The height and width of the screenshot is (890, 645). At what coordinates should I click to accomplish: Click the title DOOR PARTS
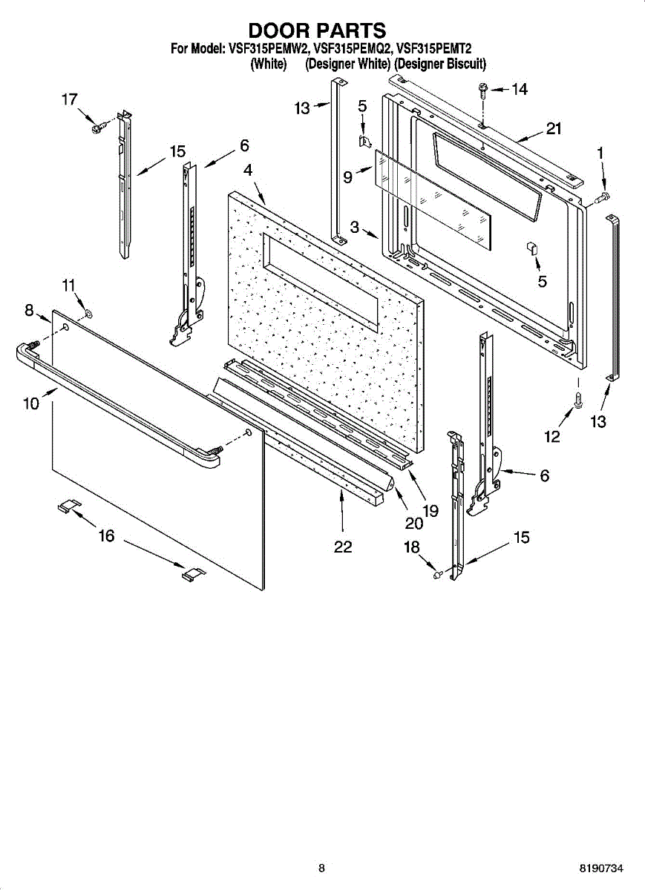(x=317, y=30)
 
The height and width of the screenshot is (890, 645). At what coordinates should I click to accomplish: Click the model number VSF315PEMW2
(x=263, y=50)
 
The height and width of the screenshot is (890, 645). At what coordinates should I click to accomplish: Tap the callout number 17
(x=69, y=99)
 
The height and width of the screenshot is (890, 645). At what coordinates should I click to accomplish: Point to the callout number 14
(x=519, y=90)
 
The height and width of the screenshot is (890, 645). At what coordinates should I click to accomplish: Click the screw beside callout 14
(x=483, y=89)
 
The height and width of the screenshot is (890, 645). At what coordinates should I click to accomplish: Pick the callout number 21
(x=554, y=129)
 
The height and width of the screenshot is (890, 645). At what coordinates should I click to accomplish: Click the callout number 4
(x=248, y=170)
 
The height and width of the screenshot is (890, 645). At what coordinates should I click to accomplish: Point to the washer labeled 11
(x=88, y=314)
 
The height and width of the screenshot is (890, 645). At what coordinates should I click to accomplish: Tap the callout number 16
(x=107, y=535)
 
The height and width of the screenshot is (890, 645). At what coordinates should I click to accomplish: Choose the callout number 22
(x=342, y=547)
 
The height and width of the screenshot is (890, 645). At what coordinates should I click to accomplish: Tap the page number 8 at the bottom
(x=321, y=868)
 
